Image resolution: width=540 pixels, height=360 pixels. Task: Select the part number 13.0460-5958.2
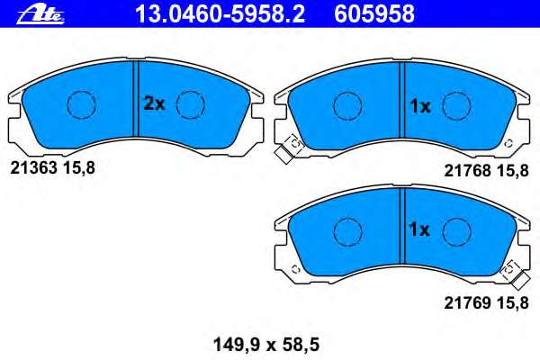pyautogui.click(x=232, y=13)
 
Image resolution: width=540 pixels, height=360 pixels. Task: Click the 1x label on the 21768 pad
pyautogui.click(x=419, y=106)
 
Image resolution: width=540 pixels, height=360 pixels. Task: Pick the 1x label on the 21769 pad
pyautogui.click(x=419, y=230)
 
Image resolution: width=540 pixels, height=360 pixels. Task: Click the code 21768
pyautogui.click(x=463, y=168)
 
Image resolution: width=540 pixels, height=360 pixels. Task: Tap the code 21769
pyautogui.click(x=463, y=302)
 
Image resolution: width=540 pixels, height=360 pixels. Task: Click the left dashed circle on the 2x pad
pyautogui.click(x=82, y=105)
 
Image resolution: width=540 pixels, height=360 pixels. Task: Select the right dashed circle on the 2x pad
pyautogui.click(x=191, y=105)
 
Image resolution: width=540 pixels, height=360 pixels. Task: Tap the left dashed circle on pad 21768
pyautogui.click(x=347, y=106)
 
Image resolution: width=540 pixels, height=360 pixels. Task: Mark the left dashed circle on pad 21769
pyautogui.click(x=347, y=231)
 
